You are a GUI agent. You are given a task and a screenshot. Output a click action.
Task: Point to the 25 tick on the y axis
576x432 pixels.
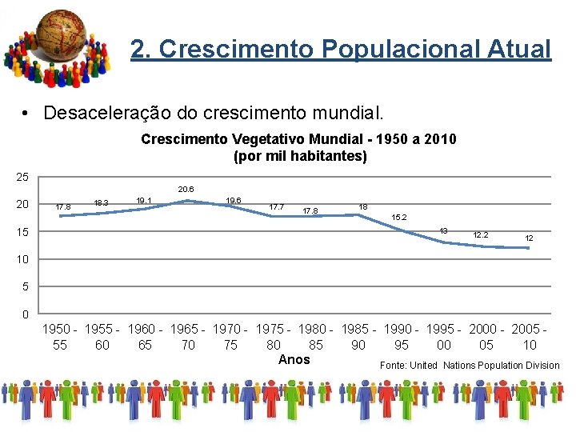22,176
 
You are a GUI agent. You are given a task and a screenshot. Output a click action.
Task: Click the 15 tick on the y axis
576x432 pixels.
22,232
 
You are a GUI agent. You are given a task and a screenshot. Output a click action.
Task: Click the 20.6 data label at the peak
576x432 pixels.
186,190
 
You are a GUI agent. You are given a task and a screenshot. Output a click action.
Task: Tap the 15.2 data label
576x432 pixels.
398,218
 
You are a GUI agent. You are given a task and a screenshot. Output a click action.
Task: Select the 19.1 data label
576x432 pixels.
144,200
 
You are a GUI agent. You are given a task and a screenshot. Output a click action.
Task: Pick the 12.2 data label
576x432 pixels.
481,235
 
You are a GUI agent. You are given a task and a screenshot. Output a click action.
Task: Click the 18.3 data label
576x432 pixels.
102,203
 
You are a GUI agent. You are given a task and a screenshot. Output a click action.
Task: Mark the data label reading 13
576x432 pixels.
442,230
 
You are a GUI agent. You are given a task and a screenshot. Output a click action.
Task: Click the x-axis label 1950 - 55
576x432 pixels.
60,337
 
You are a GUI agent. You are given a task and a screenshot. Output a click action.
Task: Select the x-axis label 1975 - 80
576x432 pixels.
274,337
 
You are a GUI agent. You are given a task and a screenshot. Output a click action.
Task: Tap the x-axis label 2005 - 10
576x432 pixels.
530,337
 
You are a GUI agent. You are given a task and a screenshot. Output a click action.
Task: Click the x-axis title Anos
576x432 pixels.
294,360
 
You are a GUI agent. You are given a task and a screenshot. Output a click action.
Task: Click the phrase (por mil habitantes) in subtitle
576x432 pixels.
300,156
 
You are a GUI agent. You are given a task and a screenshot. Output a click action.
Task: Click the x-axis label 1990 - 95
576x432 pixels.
402,337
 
